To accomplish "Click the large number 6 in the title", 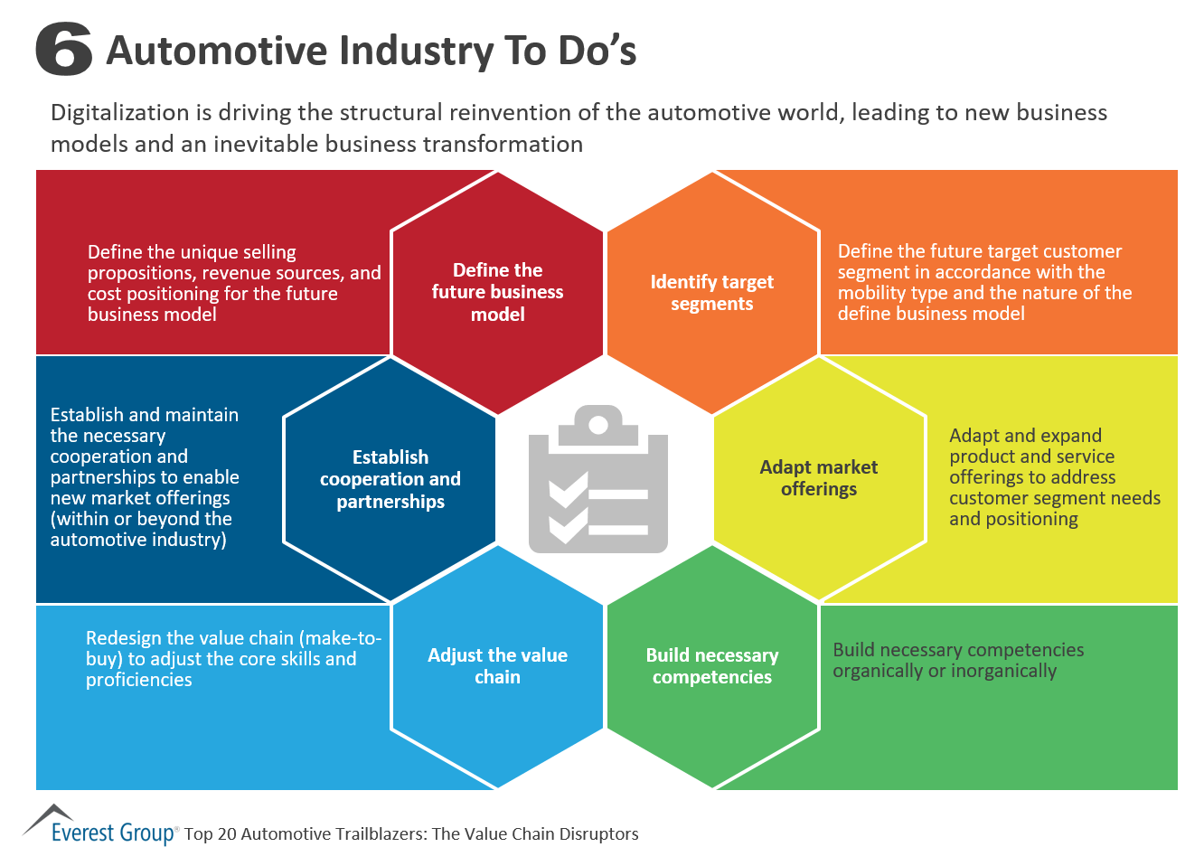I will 63,50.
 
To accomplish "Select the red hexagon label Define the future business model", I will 497,292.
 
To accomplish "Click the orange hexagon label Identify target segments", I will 712,293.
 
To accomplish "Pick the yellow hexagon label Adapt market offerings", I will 819,478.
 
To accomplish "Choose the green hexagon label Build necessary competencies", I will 712,666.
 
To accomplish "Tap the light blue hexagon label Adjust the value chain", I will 497,666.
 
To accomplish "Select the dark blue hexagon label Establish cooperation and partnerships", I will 390,479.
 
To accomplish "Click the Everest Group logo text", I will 113,833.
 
